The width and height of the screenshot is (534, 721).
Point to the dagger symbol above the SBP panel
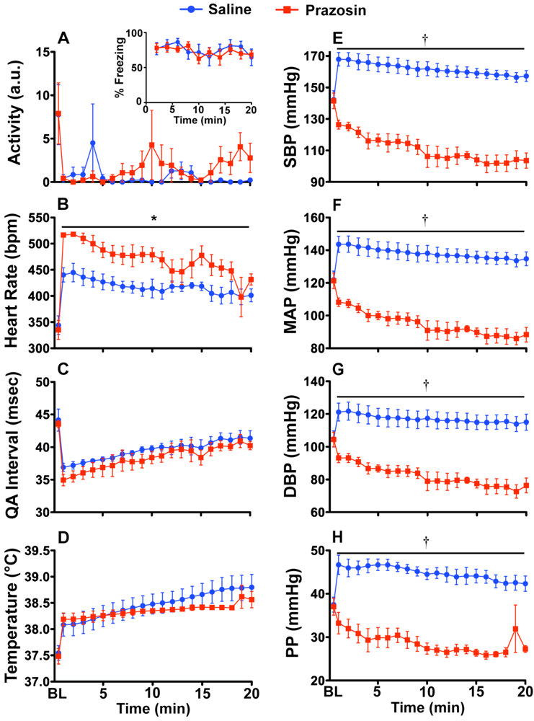(x=426, y=38)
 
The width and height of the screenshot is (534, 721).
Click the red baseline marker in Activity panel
(x=58, y=113)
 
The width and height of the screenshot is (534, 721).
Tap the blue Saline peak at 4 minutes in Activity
(x=93, y=143)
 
